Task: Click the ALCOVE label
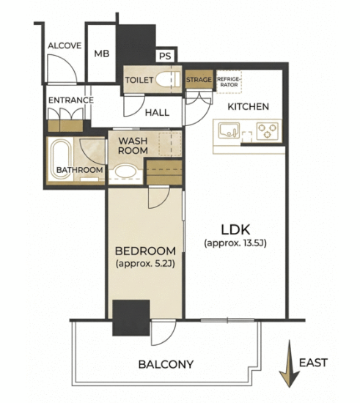[65, 45]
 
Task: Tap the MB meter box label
[102, 53]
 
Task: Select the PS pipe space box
[165, 56]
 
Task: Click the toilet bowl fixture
[168, 79]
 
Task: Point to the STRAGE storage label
[199, 80]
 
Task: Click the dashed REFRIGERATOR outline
[229, 81]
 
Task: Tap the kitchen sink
[229, 130]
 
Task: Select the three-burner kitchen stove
[268, 131]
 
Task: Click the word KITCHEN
[248, 107]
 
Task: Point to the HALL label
[157, 113]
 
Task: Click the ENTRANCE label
[71, 100]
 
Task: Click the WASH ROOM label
[133, 146]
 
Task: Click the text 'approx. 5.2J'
[146, 264]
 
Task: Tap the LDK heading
[235, 230]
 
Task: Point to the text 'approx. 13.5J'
[235, 243]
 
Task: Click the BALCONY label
[166, 364]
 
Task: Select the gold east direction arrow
[290, 363]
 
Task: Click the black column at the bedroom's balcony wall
[131, 318]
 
